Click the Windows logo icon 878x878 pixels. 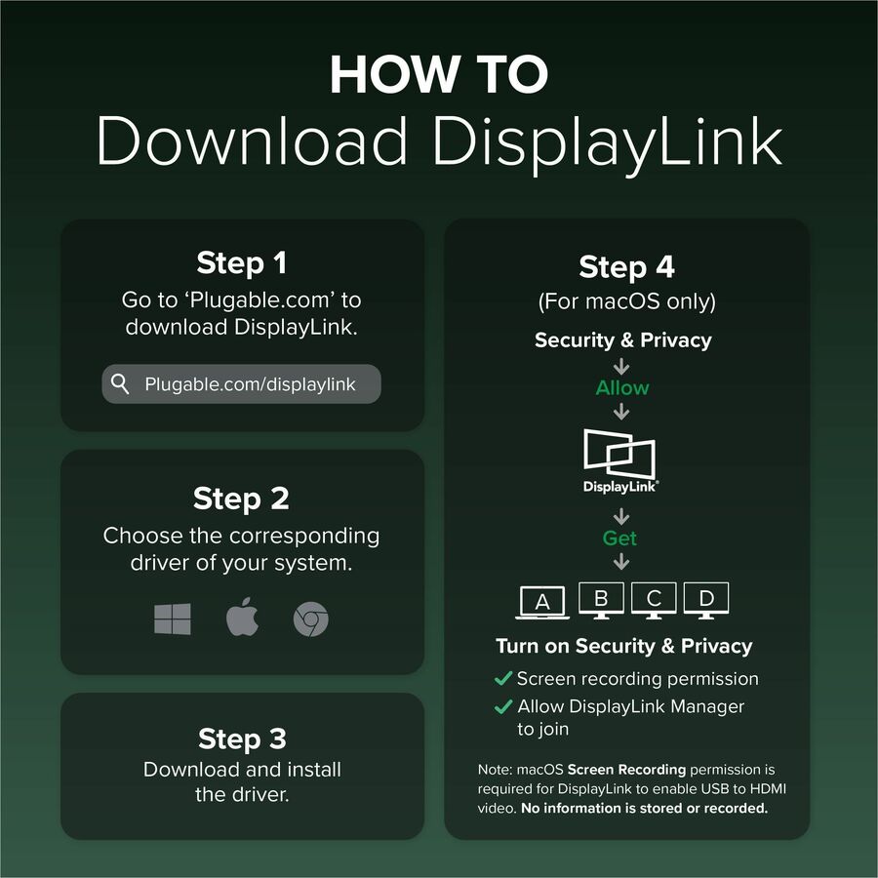tap(173, 619)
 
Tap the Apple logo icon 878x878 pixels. tap(243, 618)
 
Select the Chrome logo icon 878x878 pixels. tap(311, 619)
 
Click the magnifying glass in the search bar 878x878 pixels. tap(120, 384)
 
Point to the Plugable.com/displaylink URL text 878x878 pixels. tap(250, 384)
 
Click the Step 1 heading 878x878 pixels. tap(241, 262)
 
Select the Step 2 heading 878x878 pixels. tap(241, 499)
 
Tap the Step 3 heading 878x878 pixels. tap(242, 738)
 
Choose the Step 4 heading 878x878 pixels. tap(626, 266)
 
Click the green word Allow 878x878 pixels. tap(622, 387)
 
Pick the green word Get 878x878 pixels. tap(619, 539)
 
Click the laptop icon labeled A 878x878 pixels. tap(542, 602)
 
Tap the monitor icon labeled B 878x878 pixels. tap(601, 600)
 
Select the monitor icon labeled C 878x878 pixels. tap(654, 600)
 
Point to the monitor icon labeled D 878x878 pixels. tap(706, 600)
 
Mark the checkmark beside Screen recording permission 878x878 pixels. tap(502, 678)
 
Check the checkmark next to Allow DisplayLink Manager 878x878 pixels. tap(502, 706)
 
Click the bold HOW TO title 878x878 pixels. tap(439, 74)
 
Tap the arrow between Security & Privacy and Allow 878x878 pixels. tap(621, 367)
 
